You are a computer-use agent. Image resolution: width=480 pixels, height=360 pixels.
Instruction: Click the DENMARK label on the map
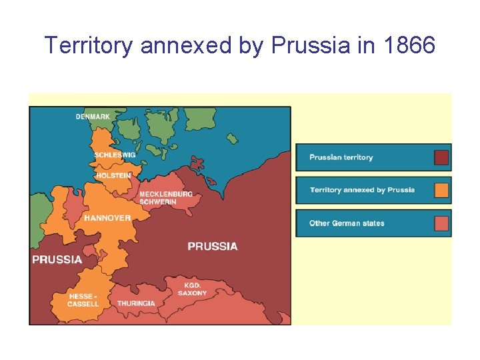point(93,117)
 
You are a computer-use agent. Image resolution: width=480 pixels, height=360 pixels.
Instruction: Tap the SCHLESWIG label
point(115,155)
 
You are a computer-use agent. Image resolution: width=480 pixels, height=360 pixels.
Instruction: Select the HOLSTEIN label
point(113,175)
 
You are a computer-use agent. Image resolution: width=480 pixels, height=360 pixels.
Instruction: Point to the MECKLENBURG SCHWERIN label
point(165,198)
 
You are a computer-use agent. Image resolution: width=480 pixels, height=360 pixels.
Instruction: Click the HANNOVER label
point(107,218)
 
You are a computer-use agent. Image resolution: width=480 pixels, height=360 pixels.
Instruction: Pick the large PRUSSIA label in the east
point(212,246)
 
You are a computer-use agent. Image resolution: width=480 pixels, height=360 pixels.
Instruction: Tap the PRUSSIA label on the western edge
point(57,259)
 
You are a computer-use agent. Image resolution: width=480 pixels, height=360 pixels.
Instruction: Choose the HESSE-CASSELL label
point(83,300)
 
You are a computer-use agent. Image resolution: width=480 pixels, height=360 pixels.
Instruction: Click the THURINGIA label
point(136,303)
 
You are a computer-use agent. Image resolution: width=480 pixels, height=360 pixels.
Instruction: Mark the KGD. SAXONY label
point(193,289)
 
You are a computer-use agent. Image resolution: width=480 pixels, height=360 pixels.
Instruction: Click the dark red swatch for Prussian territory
point(441,157)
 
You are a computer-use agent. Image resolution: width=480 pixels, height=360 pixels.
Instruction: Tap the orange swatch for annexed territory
point(441,190)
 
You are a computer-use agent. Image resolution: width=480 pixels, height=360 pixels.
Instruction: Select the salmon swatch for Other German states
point(441,223)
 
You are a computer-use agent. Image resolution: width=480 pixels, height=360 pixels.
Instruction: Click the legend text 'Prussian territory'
point(341,157)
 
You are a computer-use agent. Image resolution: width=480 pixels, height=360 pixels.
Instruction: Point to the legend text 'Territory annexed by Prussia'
point(362,190)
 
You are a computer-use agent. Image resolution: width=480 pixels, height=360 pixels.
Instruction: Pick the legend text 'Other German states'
point(347,223)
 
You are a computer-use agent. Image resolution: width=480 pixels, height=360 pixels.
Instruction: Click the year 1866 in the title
point(409,45)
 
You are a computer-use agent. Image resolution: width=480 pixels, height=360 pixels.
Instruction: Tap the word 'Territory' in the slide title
point(89,45)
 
